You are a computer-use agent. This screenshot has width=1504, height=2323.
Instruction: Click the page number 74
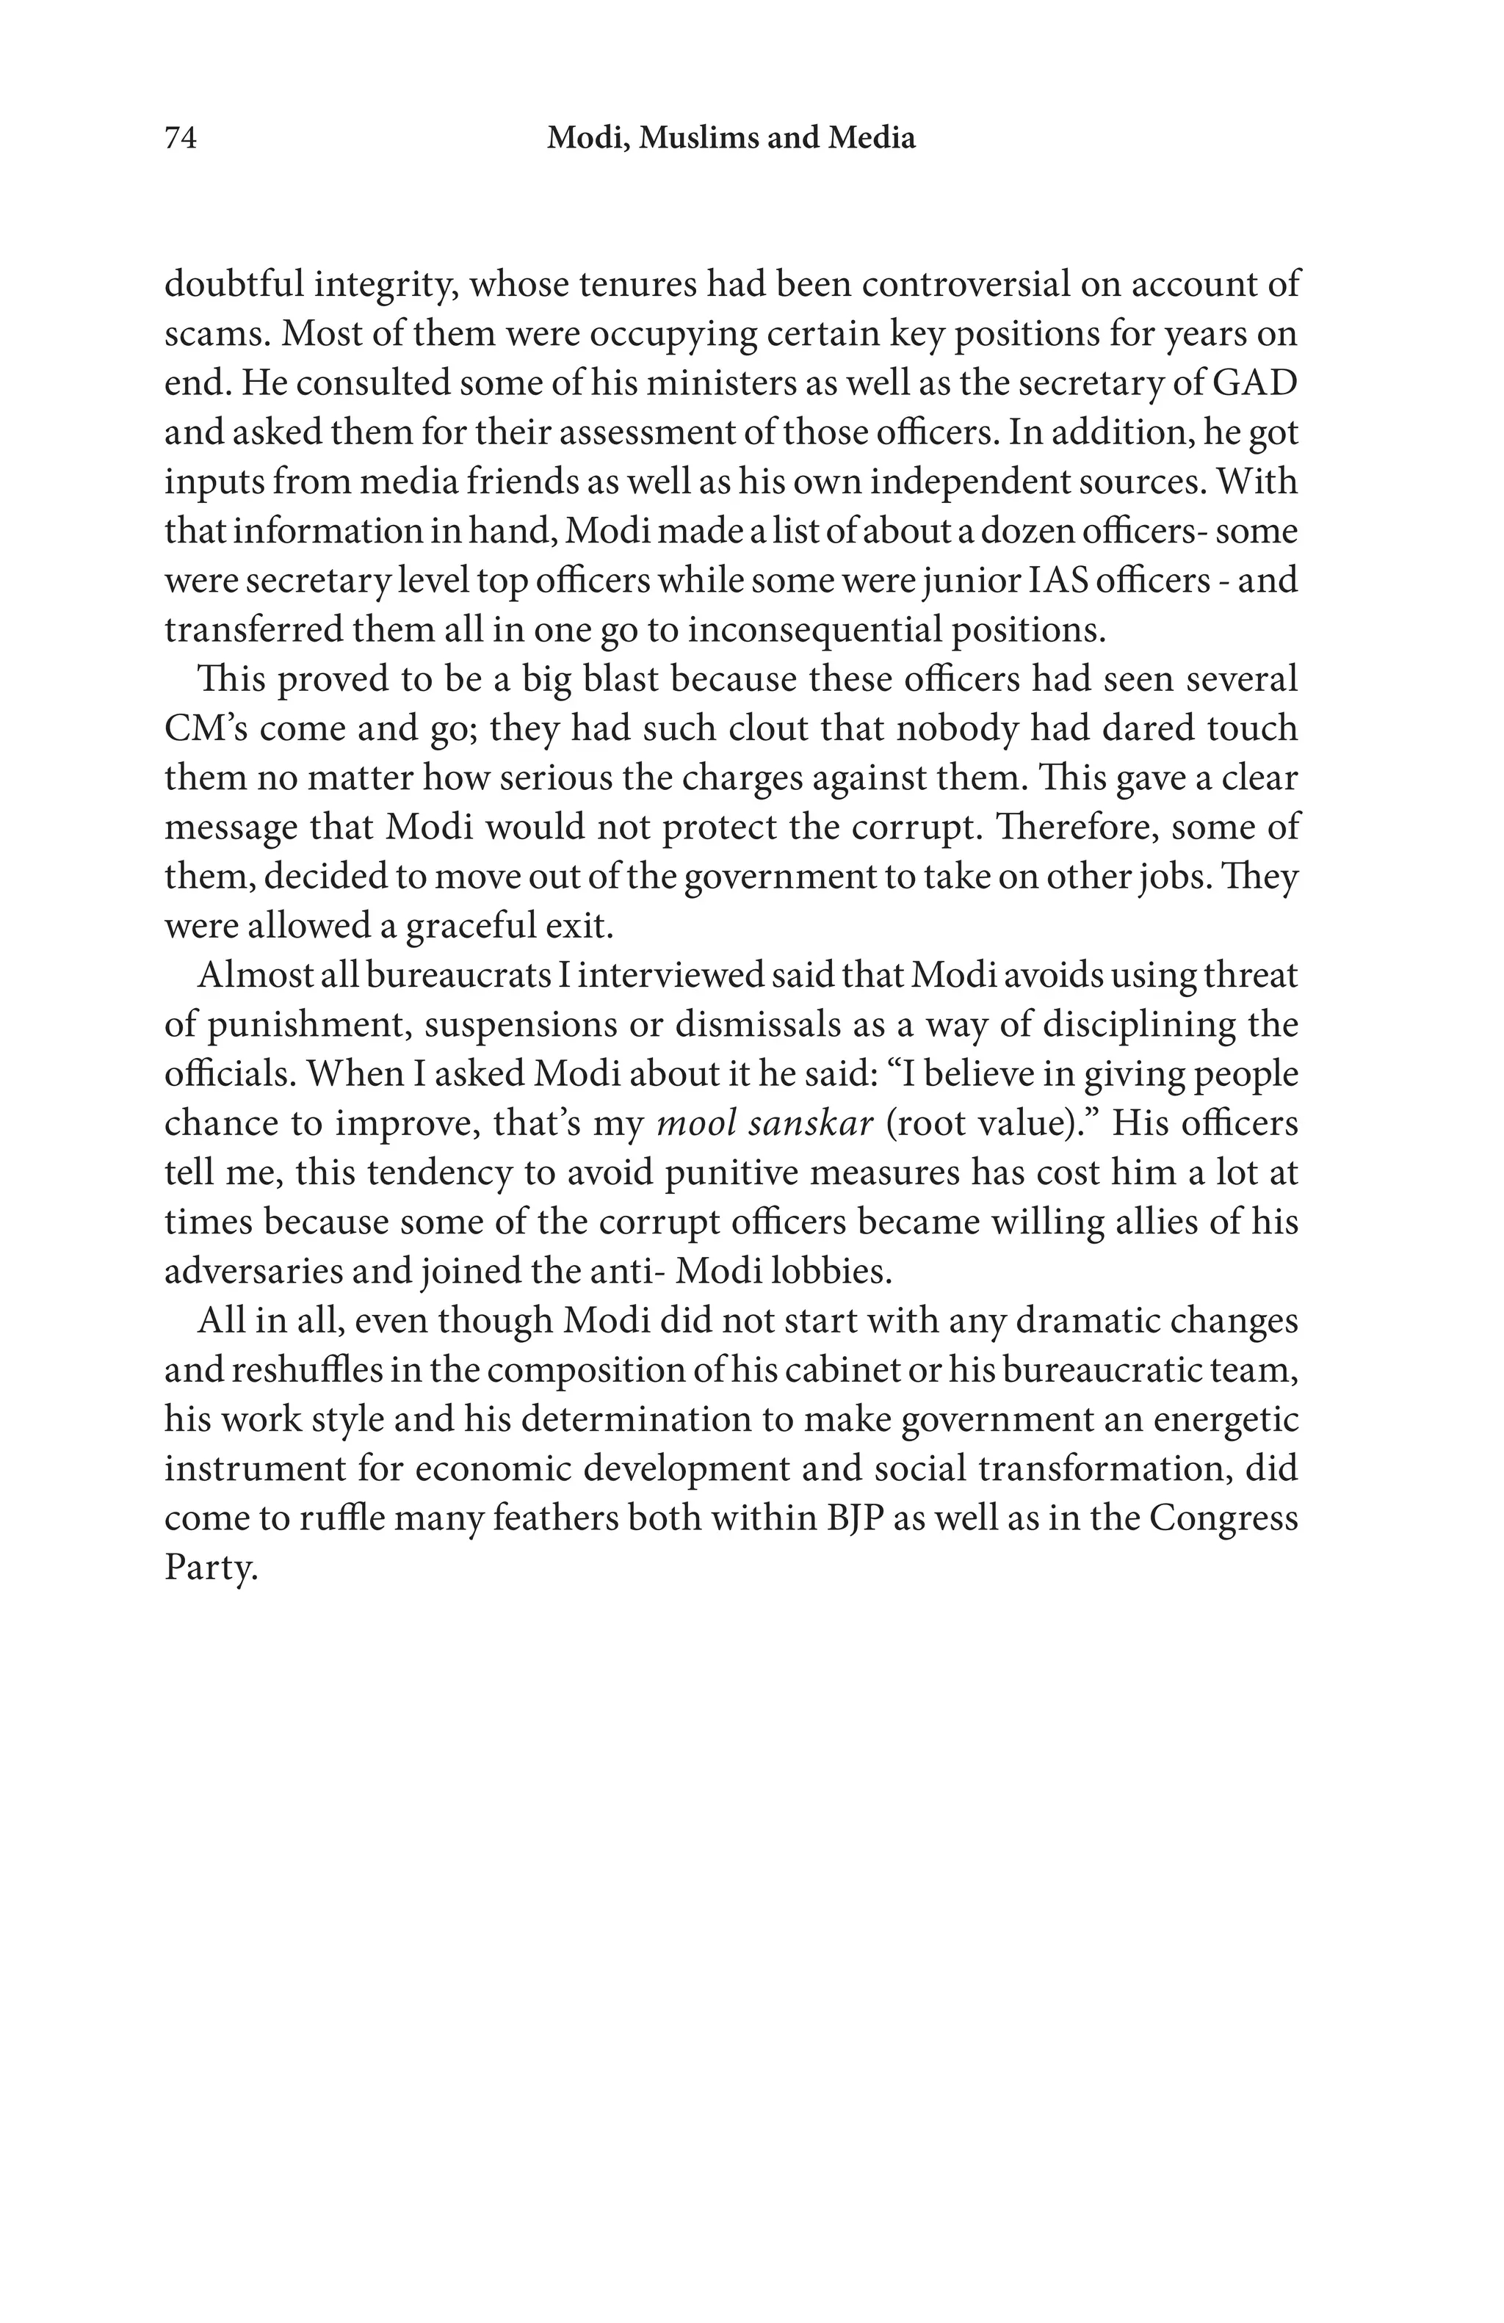coord(181,139)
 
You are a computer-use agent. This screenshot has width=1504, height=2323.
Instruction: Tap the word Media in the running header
coord(872,139)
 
